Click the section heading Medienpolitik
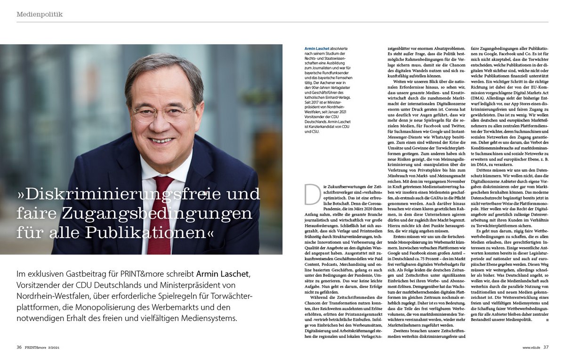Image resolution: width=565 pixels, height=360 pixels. pos(40,15)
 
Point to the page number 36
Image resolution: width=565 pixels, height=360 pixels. pos(19,347)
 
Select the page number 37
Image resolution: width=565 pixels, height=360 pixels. pos(546,347)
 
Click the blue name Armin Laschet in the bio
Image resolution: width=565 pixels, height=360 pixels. pos(317,48)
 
